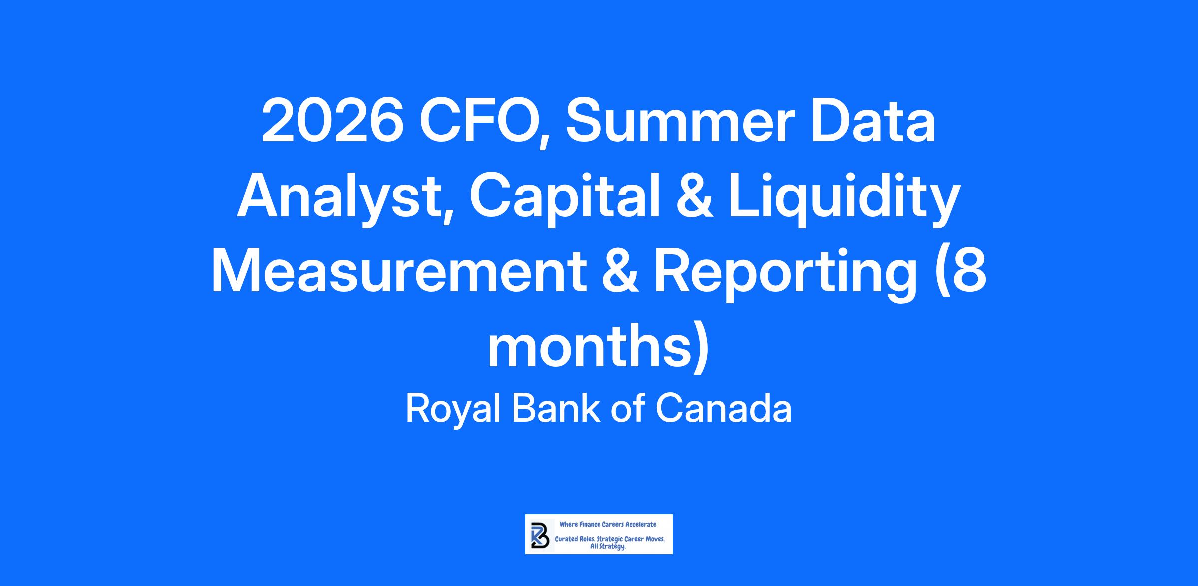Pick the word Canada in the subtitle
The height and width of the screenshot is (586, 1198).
pos(723,409)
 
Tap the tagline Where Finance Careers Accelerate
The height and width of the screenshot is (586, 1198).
pos(608,524)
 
